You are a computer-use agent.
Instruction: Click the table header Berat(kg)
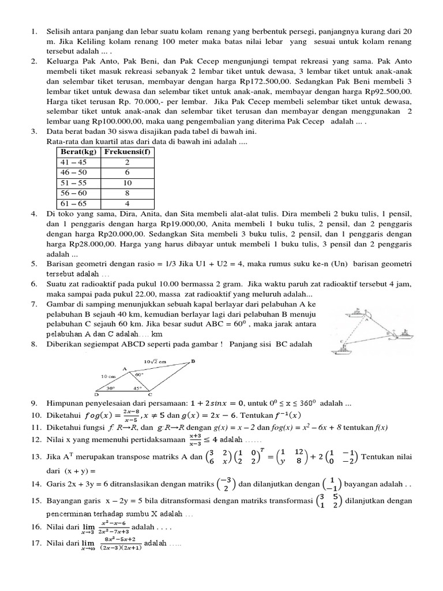[77, 151]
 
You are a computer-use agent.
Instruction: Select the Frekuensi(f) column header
[127, 151]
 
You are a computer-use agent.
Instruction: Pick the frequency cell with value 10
[127, 183]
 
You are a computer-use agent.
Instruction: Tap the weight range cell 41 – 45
[73, 162]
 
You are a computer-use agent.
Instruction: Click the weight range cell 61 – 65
[73, 204]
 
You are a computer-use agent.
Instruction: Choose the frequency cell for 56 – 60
[127, 193]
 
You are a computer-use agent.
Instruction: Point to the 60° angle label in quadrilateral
[139, 374]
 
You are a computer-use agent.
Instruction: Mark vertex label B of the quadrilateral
[193, 362]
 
